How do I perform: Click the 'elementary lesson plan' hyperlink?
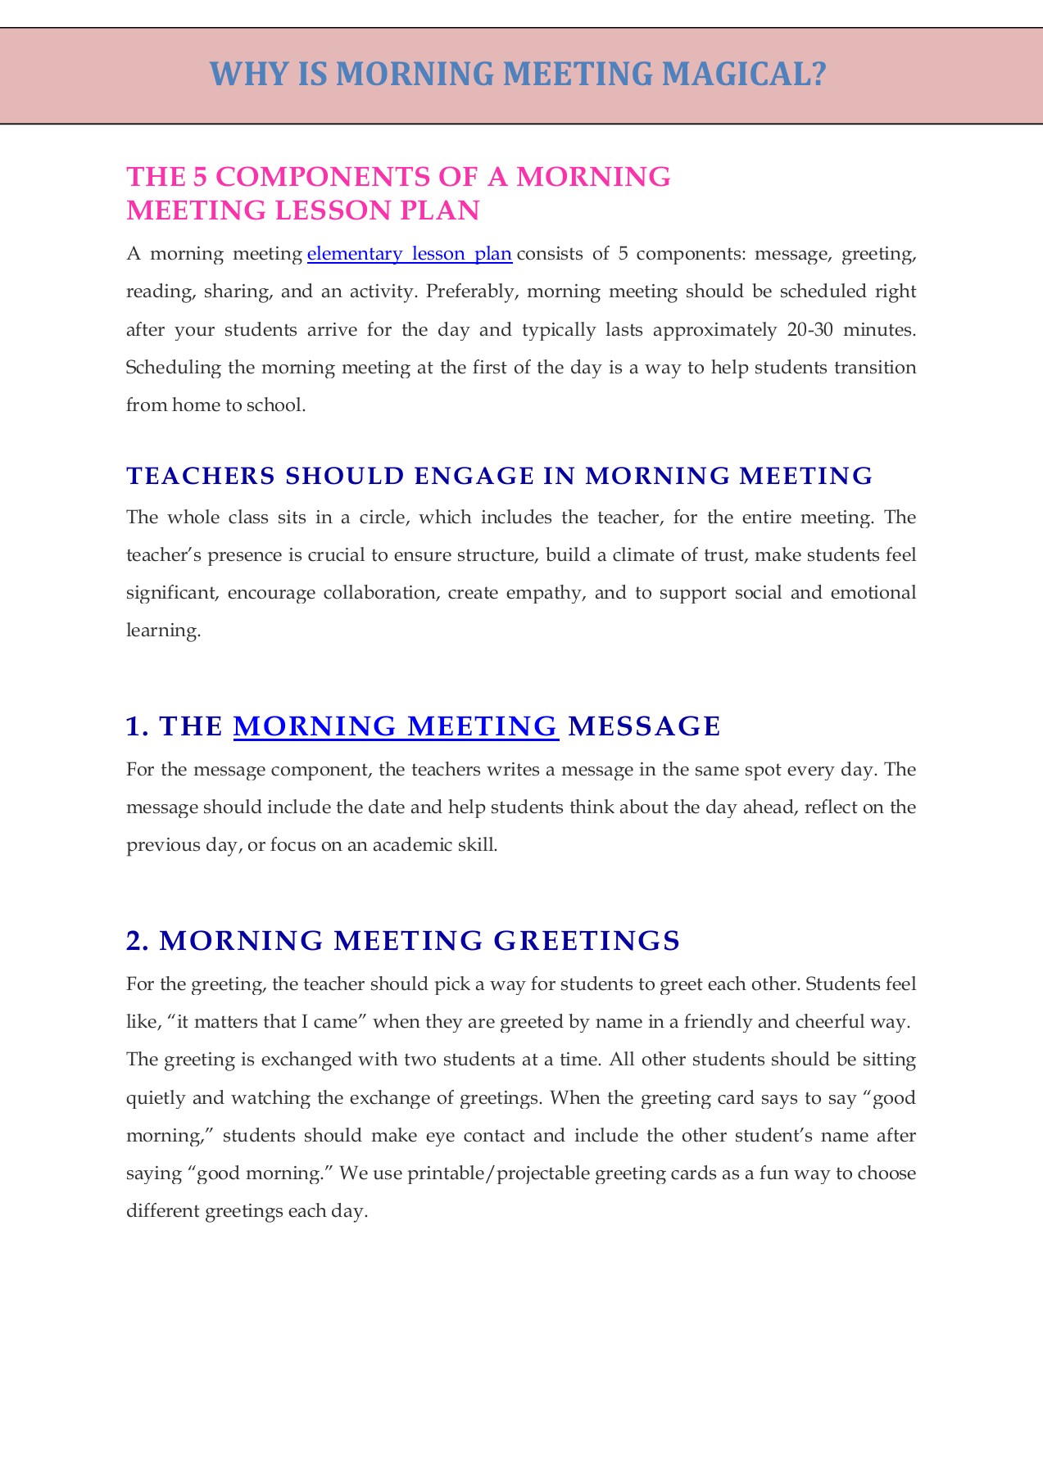(x=409, y=254)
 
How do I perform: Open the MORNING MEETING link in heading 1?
(x=396, y=726)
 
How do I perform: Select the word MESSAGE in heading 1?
(x=644, y=726)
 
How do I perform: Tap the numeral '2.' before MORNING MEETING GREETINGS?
(x=138, y=941)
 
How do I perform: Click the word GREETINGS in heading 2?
(x=587, y=941)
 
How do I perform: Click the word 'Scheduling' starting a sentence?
(x=174, y=368)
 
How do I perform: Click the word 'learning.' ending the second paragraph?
(x=163, y=631)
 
